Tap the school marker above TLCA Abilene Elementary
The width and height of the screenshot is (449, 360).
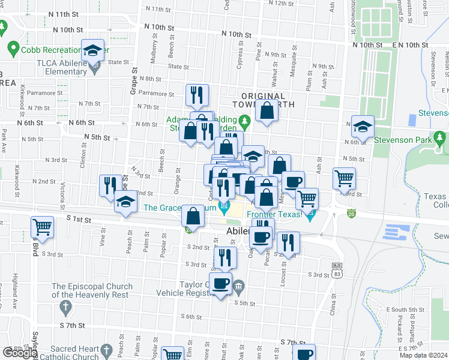92,50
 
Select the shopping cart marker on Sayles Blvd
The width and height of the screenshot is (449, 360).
43,227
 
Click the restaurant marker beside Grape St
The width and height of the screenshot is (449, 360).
110,185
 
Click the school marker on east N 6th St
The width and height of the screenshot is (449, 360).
363,127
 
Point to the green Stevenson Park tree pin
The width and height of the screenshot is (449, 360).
441,140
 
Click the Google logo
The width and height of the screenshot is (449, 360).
19,353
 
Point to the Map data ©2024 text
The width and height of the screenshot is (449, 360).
423,355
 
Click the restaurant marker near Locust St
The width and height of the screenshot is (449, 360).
288,242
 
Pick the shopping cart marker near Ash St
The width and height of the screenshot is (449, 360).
344,178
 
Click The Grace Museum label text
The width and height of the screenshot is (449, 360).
180,208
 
